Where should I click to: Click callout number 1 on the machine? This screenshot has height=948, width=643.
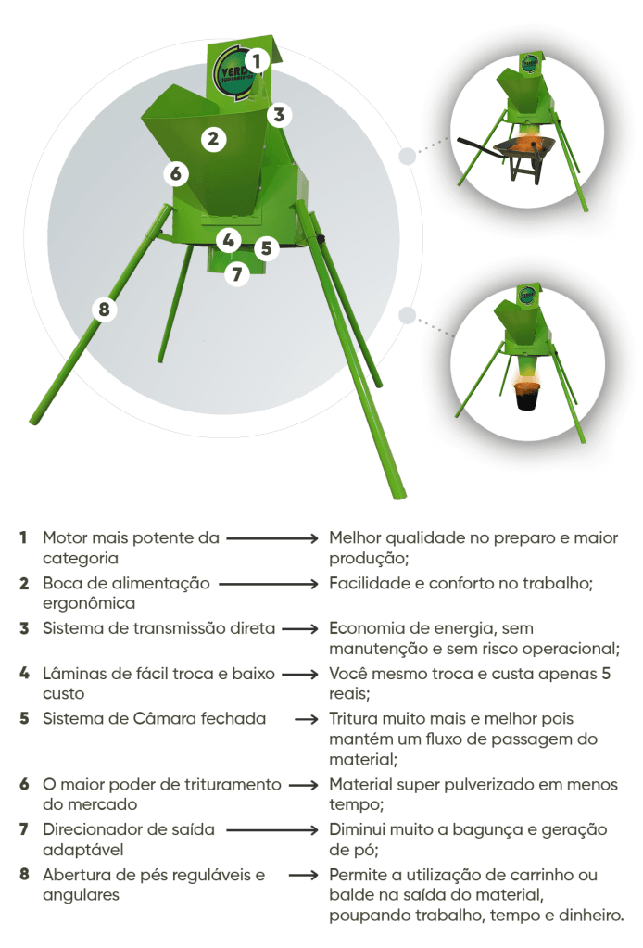coord(257,60)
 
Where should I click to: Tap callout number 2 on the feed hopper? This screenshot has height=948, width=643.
coord(213,140)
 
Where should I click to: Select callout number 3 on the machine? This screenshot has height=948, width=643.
coord(279,114)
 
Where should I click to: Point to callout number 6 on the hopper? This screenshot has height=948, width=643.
coord(176,173)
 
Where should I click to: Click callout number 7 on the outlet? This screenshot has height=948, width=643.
coord(237,274)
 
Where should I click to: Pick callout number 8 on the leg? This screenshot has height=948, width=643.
coord(104,310)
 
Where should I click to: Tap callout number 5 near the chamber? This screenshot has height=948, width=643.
coord(266,247)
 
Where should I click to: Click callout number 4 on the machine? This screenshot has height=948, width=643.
coord(229,240)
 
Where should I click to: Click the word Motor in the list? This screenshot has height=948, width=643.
coord(65,537)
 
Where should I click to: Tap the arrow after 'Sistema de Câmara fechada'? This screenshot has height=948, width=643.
coord(307,719)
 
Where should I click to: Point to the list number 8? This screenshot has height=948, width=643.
coord(24,874)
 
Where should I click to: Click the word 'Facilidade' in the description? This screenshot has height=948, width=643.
coord(368,583)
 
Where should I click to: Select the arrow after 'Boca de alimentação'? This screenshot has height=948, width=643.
coord(269,584)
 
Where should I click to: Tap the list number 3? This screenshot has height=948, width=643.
coord(24,628)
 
